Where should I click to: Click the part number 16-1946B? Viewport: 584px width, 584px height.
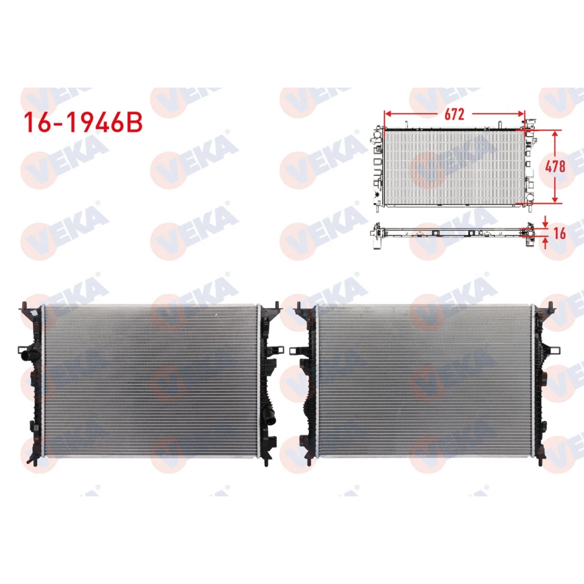click(x=82, y=123)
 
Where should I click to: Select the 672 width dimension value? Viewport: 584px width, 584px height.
click(x=454, y=114)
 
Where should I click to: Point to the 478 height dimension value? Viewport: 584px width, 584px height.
click(x=555, y=165)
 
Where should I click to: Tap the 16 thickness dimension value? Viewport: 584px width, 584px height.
click(x=559, y=232)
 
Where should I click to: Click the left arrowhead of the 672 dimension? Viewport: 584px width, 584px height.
click(x=387, y=115)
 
